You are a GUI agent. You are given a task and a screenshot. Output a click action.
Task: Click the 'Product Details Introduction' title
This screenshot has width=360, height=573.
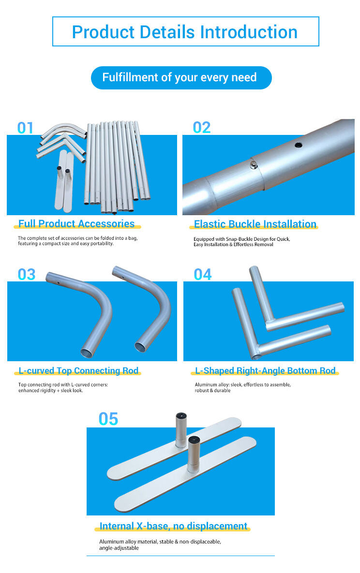(185, 32)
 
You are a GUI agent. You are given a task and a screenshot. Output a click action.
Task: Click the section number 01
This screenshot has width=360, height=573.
(25, 128)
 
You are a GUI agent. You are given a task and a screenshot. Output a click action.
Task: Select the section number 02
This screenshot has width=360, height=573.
(202, 128)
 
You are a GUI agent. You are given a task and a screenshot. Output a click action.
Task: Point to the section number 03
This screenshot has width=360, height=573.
(26, 274)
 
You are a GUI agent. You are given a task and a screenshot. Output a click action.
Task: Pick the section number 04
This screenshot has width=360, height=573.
(203, 274)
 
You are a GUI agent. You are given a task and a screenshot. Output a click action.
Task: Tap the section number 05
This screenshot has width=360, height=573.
(108, 419)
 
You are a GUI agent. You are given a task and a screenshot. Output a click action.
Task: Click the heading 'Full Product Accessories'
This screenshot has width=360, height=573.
(76, 224)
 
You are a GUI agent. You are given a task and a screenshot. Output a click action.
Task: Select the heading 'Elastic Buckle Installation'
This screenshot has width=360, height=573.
(255, 224)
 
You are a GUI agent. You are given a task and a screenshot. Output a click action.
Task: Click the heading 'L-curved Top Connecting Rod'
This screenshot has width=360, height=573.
(78, 370)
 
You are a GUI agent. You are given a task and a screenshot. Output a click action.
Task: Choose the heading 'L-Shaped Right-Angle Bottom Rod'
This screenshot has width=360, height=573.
(265, 370)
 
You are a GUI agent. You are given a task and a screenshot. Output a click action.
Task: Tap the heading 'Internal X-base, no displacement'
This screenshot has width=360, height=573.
(173, 526)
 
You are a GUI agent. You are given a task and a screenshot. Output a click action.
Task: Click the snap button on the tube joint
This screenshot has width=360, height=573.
(254, 165)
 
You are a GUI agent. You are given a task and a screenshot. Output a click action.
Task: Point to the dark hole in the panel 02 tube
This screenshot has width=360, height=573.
(299, 145)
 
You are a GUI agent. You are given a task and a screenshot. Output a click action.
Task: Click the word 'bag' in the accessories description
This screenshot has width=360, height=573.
(133, 238)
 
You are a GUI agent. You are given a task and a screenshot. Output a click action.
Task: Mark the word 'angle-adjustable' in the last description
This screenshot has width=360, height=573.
(119, 548)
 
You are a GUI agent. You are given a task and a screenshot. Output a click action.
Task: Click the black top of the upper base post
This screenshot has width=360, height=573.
(181, 416)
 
